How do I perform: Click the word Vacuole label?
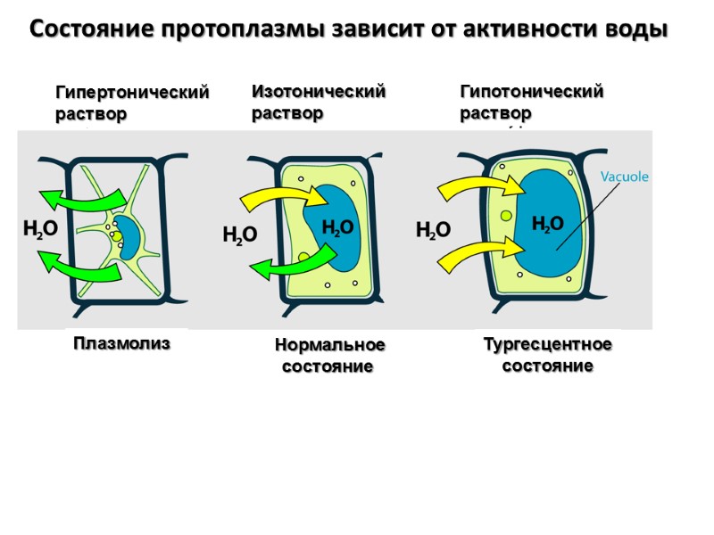[x=624, y=177]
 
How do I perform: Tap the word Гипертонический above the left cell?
[x=132, y=93]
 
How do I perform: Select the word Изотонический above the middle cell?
[x=319, y=91]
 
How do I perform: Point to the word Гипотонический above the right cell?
[x=531, y=91]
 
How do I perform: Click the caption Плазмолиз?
[x=120, y=343]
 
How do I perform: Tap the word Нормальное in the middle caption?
[x=329, y=345]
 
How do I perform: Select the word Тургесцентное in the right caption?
[x=547, y=344]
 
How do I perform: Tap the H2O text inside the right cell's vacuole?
[x=548, y=223]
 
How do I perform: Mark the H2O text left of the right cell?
[x=434, y=231]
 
